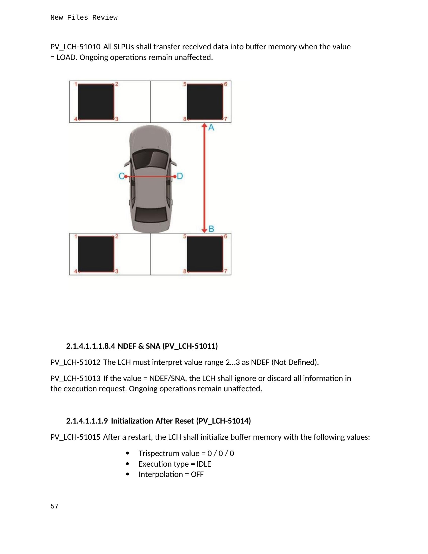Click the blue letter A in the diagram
(x=211, y=127)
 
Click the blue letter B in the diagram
(x=211, y=229)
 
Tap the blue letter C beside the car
(x=121, y=176)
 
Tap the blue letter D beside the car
(x=180, y=176)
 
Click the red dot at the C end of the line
(x=126, y=176)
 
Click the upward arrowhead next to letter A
(x=204, y=125)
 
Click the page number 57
(x=55, y=506)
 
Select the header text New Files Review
(x=84, y=18)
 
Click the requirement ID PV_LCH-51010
(x=75, y=47)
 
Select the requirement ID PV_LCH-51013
(x=75, y=378)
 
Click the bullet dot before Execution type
(x=127, y=464)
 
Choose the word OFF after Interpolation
(x=197, y=474)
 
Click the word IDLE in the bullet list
(x=204, y=464)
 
